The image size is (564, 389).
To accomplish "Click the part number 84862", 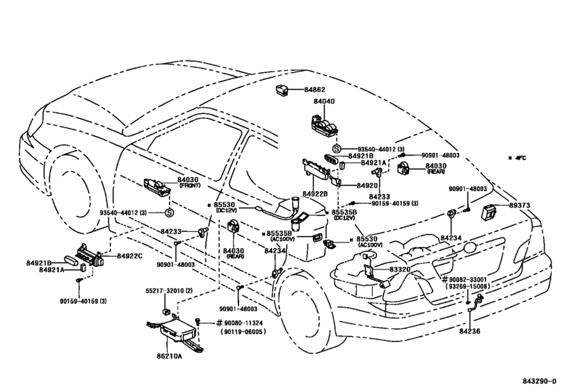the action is pyautogui.click(x=314, y=90).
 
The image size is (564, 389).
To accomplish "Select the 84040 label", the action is pyautogui.click(x=323, y=101).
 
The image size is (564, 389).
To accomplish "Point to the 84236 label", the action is pyautogui.click(x=469, y=331).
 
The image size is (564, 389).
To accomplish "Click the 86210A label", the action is pyautogui.click(x=169, y=356).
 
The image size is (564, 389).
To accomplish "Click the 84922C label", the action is pyautogui.click(x=129, y=256).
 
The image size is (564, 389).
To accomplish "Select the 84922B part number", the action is pyautogui.click(x=315, y=194).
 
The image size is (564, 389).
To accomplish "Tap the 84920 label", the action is pyautogui.click(x=367, y=185).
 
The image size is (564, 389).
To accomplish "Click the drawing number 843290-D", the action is pyautogui.click(x=542, y=381).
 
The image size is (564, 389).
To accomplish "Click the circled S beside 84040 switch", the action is pyautogui.click(x=337, y=149).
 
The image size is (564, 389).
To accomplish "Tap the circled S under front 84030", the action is pyautogui.click(x=169, y=213).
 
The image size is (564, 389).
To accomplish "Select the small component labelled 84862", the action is pyautogui.click(x=281, y=90).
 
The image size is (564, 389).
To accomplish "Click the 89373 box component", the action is pyautogui.click(x=489, y=211).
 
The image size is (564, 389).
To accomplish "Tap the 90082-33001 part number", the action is pyautogui.click(x=467, y=279).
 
